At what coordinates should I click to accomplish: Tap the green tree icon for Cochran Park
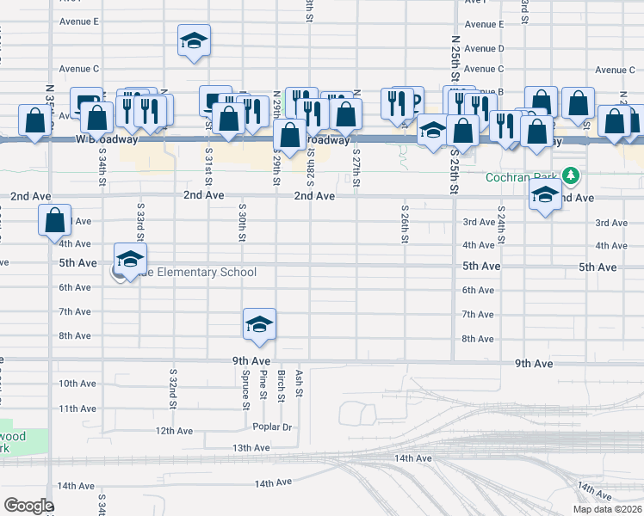pos(569,176)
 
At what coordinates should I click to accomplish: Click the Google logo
pos(28,506)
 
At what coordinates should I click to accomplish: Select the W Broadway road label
pos(107,139)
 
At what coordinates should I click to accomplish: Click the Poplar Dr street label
pos(273,427)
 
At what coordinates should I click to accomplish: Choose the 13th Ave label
pos(251,448)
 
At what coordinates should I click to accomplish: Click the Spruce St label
pos(246,384)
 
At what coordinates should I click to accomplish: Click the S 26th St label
pos(404,224)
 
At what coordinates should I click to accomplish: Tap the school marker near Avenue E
pos(194,40)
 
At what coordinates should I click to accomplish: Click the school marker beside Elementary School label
pos(130,259)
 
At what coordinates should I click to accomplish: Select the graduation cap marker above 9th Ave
pos(258,324)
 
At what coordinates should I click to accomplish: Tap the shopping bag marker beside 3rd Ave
pos(54,220)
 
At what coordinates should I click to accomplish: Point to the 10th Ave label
pos(77,383)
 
